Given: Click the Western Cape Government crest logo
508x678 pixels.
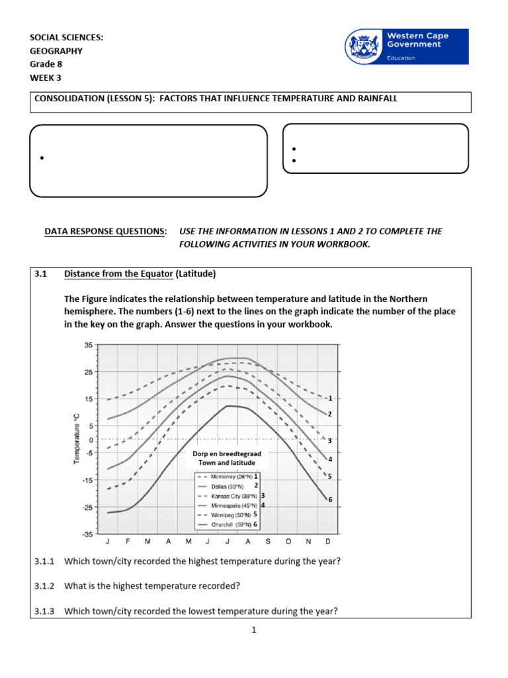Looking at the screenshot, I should (363, 47).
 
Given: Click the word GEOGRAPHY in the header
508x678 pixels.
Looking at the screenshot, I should (56, 50).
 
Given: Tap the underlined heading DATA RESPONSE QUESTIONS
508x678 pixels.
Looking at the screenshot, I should (105, 231).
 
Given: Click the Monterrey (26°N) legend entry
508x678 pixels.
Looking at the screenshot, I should (230, 476).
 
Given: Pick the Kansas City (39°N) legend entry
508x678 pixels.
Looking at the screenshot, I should (230, 495).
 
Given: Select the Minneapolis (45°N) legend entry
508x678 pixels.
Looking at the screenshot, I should (230, 505).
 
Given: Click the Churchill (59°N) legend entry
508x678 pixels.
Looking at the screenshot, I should (230, 524).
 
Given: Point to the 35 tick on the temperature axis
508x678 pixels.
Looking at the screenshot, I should (89, 345).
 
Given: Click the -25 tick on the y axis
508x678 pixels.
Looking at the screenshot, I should (87, 508).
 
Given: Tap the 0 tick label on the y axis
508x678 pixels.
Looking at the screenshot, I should (91, 440).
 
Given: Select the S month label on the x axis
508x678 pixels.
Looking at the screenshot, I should (268, 541).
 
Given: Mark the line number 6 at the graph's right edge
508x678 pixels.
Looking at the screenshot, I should (330, 499).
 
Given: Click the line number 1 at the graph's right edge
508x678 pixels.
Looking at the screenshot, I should (330, 399).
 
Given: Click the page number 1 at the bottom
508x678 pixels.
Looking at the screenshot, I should (253, 630).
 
